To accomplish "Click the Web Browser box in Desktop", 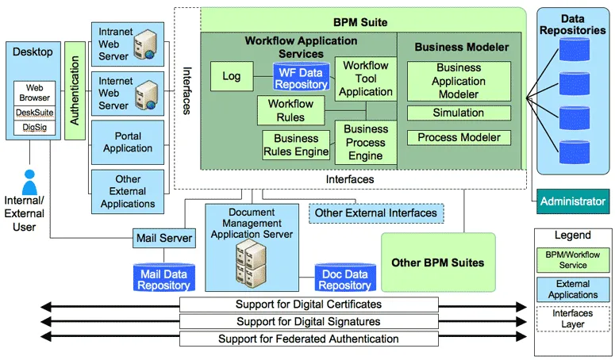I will pos(34,93).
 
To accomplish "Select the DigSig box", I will pos(34,127).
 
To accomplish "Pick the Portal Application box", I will pos(128,142).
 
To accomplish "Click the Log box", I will pos(231,76).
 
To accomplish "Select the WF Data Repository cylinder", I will pos(302,77).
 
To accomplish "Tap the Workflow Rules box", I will pos(290,110).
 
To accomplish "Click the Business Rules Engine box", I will pos(295,146).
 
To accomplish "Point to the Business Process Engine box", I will pos(366,143).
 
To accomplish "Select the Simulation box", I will pos(458,113).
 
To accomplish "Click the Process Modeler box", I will pos(459,138).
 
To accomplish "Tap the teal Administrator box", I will pos(572,201).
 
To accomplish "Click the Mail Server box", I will pos(164,237).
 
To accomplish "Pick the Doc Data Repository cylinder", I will pos(344,278).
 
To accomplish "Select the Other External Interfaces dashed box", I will pos(375,213).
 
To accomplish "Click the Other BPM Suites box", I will pos(437,262).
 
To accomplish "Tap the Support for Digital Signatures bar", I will pos(309,321).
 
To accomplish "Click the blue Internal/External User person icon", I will pos(30,182).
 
